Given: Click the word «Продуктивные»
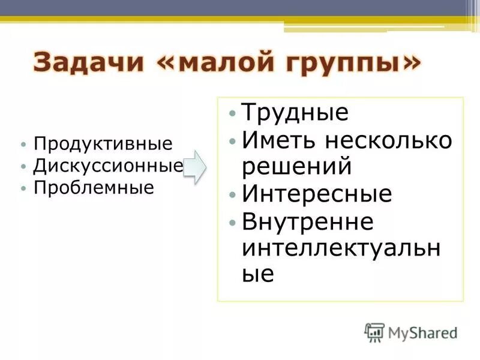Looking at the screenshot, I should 103,145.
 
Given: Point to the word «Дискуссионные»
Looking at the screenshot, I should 108,166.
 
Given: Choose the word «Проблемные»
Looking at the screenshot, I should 94,187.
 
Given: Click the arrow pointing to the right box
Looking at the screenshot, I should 194,167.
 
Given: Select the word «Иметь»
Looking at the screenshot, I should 280,142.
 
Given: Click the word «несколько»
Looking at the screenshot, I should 389,142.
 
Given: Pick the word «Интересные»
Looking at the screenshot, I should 317,194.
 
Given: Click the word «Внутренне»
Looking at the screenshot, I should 308,222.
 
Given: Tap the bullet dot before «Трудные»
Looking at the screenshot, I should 233,114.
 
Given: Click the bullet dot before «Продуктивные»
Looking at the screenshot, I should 23,145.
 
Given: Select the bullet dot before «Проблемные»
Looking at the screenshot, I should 23,188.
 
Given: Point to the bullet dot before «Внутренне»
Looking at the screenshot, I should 233,223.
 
